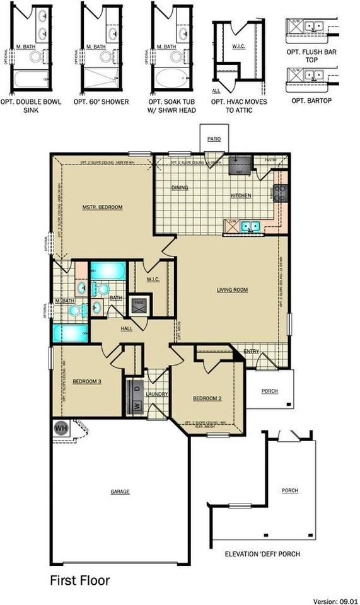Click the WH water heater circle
click(61, 428)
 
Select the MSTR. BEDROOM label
click(102, 207)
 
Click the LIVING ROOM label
click(232, 290)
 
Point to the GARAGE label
click(120, 492)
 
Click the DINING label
click(181, 188)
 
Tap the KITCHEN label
click(241, 195)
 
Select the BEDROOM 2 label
click(207, 398)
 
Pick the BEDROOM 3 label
click(83, 381)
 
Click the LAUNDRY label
click(156, 395)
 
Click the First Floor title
click(79, 580)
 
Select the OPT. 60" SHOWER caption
click(101, 101)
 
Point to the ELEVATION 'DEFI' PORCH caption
click(262, 554)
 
